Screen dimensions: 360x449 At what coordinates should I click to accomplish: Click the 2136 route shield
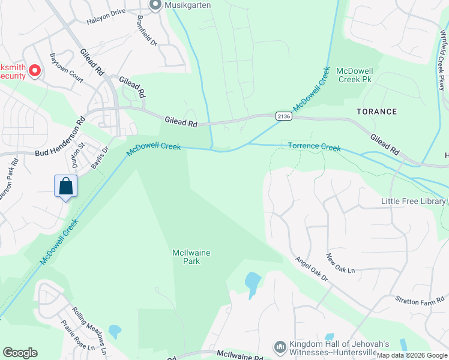[x=284, y=116]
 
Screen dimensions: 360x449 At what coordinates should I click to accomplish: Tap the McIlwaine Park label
[x=191, y=257]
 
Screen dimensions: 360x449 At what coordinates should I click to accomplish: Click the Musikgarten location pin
[x=155, y=5]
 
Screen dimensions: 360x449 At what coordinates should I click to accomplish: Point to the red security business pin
[x=35, y=71]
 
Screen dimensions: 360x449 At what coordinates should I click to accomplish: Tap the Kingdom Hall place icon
[x=280, y=347]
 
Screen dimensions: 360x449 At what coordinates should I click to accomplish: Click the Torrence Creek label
[x=314, y=147]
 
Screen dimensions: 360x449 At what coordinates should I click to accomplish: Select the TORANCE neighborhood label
[x=376, y=112]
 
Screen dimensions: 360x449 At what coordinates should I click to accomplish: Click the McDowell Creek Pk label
[x=355, y=75]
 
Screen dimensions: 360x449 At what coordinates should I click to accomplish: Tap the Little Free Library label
[x=413, y=202]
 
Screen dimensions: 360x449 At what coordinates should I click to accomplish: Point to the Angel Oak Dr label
[x=312, y=269]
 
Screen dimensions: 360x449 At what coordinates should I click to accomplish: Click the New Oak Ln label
[x=340, y=263]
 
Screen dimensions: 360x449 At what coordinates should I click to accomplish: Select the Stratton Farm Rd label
[x=420, y=299]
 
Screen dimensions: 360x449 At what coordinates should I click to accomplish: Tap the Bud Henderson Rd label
[x=60, y=142]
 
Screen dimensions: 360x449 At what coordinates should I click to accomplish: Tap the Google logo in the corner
[x=20, y=352]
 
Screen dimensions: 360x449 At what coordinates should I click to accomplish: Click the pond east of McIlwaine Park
[x=253, y=282]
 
